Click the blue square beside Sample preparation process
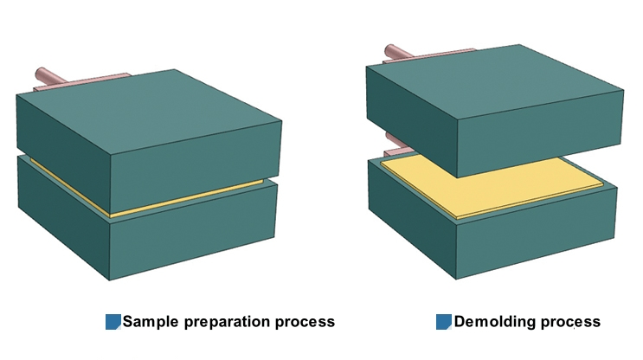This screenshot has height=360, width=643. pyautogui.click(x=113, y=322)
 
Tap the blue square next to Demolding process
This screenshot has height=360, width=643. pyautogui.click(x=443, y=322)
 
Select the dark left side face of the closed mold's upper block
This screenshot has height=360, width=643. pyautogui.click(x=61, y=147)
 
